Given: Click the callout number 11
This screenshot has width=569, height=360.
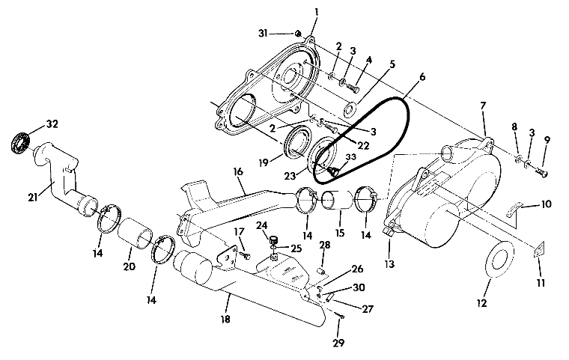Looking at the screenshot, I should tap(541, 283).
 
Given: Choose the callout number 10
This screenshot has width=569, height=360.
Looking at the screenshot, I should tap(546, 204).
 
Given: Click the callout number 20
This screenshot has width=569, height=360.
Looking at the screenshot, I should tap(129, 266).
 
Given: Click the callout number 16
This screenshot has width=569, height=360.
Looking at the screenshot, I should tap(238, 171).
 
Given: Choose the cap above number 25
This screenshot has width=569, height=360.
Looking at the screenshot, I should tap(274, 240).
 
